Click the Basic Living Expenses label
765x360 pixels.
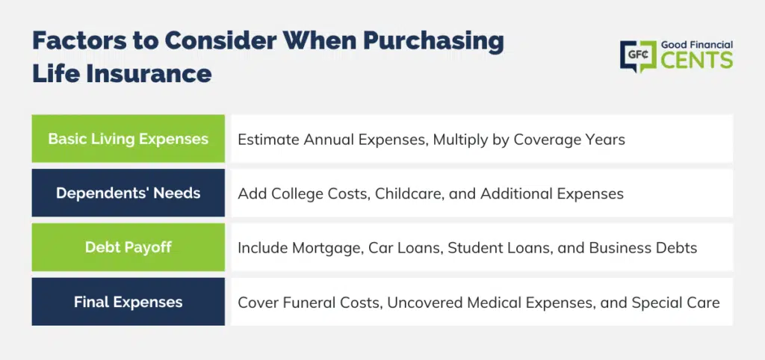pos(128,139)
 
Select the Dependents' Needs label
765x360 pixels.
pos(128,193)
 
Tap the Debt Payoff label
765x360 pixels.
pos(128,247)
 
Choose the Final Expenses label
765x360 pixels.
pos(128,302)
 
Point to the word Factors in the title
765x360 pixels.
pos(78,41)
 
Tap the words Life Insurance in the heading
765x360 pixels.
pos(122,74)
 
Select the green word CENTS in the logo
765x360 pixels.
pos(697,60)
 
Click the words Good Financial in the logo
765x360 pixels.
pos(697,45)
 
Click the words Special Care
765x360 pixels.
pos(675,303)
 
